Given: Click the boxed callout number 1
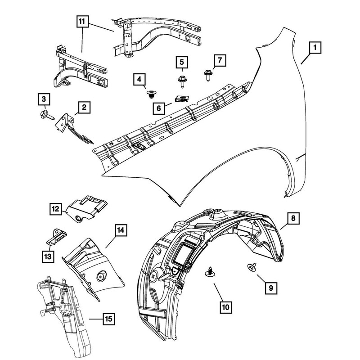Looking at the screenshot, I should tap(315, 47).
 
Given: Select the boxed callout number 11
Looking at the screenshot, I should tap(81, 21).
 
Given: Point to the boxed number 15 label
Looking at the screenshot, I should tap(108, 319).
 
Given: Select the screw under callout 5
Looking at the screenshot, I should tap(182, 82).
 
